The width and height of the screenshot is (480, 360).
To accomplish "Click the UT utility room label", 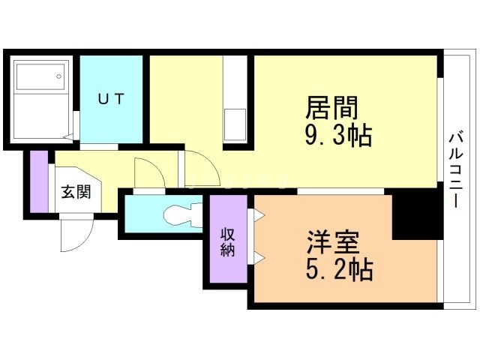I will pyautogui.click(x=113, y=98).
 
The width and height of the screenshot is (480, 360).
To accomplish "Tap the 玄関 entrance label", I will pyautogui.click(x=76, y=192).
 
